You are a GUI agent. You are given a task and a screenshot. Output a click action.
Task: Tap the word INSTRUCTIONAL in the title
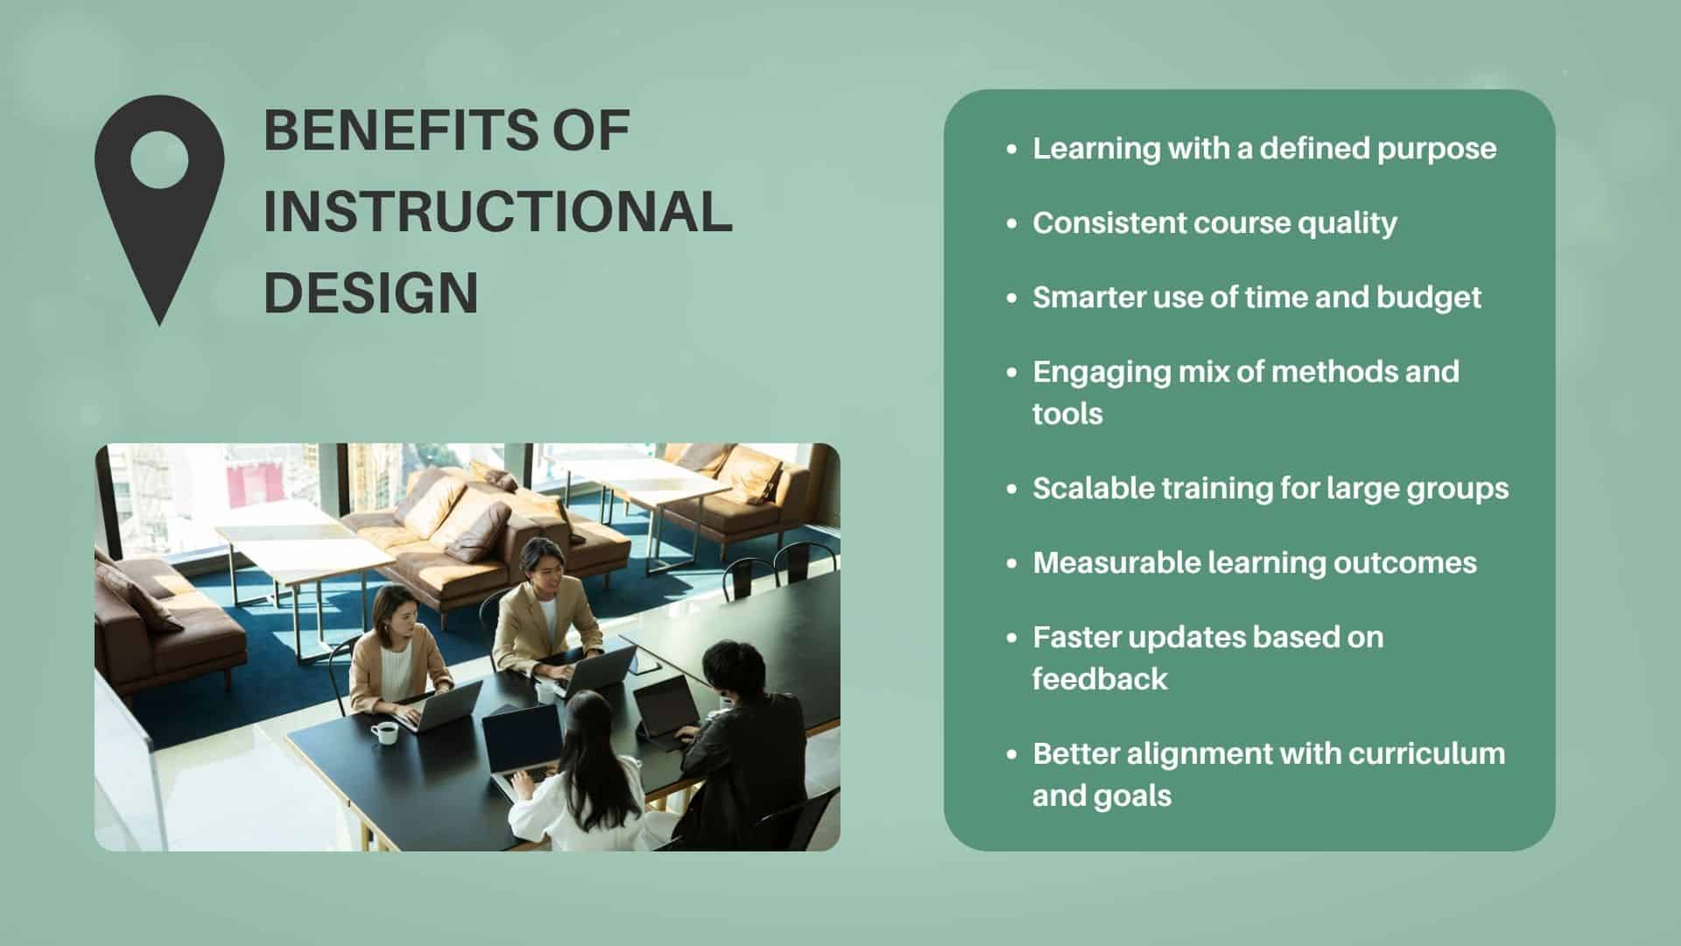tap(498, 211)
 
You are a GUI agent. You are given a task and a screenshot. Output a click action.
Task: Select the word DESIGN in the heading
tap(371, 293)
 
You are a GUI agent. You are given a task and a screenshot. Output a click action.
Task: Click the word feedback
tap(1100, 679)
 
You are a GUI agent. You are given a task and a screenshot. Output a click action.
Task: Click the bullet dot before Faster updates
tap(1012, 639)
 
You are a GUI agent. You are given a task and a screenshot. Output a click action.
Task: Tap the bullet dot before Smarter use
tap(1012, 299)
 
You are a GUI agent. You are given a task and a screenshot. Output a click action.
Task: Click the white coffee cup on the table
tap(384, 732)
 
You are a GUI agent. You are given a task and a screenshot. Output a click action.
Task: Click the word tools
tap(1067, 414)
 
